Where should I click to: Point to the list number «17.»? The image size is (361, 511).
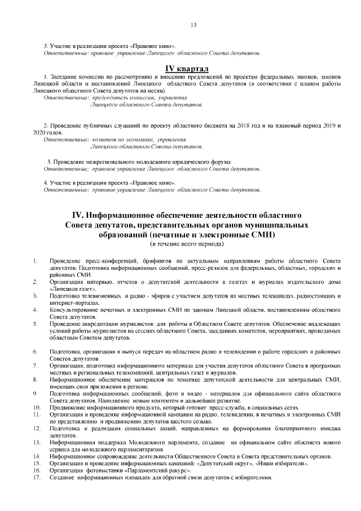pos(37,477)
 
